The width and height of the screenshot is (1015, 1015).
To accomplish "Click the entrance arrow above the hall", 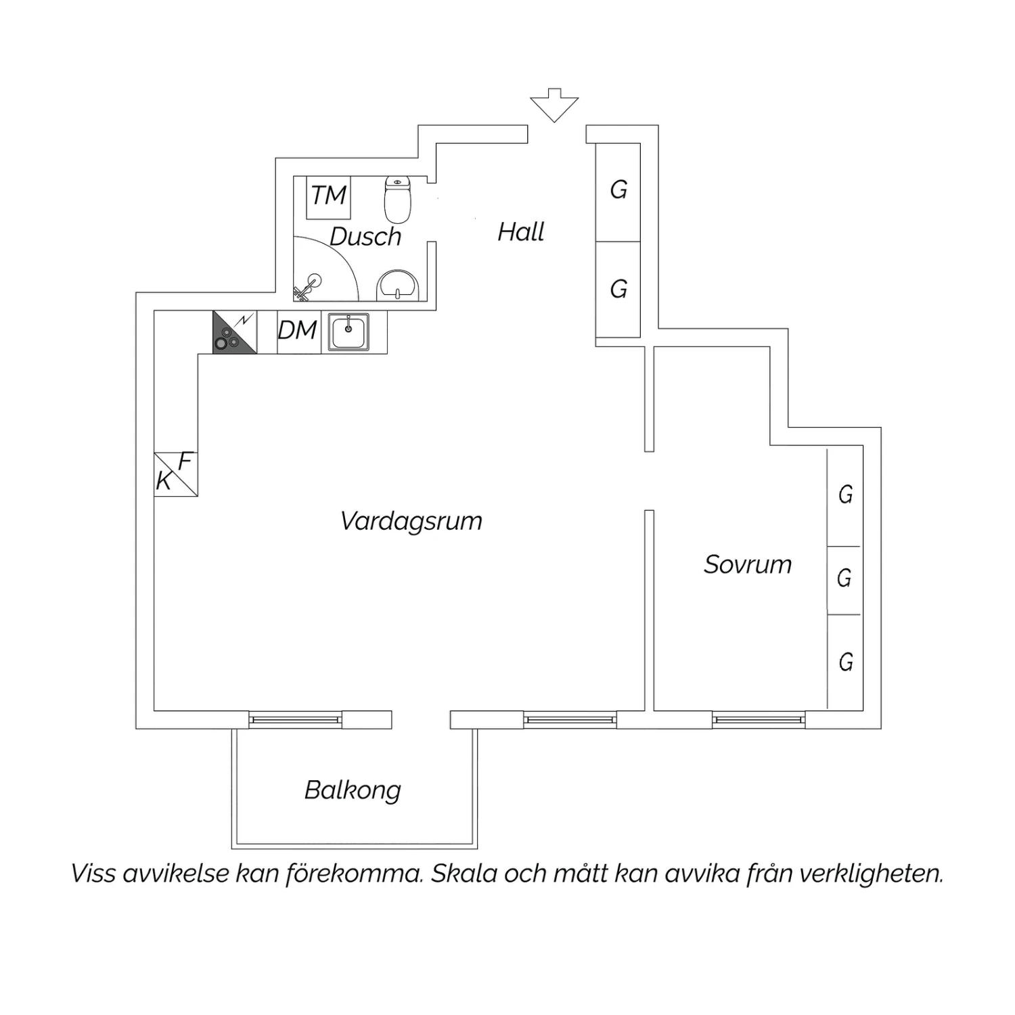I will click(554, 106).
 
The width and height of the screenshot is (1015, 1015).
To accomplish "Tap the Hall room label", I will click(520, 232).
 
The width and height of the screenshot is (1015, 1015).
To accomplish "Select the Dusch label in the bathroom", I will click(365, 236).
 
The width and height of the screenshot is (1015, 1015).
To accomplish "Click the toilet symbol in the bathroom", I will click(398, 199).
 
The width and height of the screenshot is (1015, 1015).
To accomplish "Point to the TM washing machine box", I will click(329, 196).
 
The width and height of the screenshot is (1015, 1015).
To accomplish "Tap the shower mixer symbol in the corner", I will click(309, 287).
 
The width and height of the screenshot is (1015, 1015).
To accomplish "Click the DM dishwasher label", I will click(298, 330).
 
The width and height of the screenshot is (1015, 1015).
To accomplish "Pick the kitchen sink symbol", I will click(348, 332).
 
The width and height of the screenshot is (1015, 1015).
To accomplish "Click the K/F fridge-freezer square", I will click(176, 474).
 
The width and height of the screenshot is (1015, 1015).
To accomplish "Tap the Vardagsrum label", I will click(411, 521).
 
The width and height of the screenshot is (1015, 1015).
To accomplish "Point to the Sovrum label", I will click(748, 564).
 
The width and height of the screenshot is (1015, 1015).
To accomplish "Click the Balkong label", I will click(353, 790).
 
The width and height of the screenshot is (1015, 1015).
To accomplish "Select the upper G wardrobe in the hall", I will click(618, 191).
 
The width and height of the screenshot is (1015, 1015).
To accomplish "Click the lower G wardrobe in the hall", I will click(618, 290).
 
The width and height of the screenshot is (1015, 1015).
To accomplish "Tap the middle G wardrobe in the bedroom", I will click(844, 579).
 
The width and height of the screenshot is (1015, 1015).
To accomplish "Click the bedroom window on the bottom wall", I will click(759, 720).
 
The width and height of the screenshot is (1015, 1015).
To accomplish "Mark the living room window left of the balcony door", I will click(295, 720).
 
